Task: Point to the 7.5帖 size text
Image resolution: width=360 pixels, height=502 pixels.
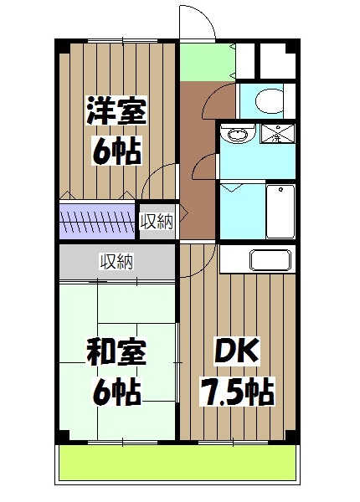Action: point(237,390)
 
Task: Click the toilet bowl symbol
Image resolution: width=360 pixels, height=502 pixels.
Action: point(268,101)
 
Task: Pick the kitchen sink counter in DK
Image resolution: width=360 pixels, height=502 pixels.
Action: point(270,260)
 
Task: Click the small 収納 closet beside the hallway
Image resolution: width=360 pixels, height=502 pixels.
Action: point(157,222)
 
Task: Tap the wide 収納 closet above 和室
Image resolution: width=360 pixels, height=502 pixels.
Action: point(117,262)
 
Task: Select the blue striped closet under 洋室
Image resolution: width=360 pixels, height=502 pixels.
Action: point(97,222)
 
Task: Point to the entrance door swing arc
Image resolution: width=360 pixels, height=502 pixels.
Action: point(195,21)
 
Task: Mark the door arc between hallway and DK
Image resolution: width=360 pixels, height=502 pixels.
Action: point(193,259)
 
